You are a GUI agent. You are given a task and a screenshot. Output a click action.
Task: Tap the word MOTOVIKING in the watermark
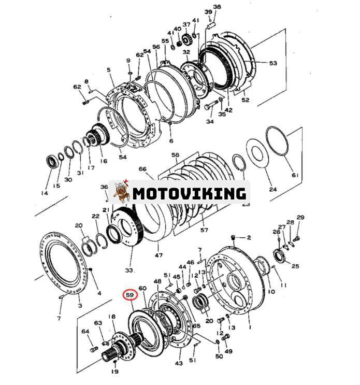pyautogui.click(x=189, y=193)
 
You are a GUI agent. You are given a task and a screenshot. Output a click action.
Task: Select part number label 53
pyautogui.click(x=272, y=63)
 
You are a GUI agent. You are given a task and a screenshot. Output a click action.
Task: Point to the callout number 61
pyautogui.click(x=295, y=175)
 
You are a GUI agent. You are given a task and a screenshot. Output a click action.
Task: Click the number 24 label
pyautogui.click(x=272, y=190)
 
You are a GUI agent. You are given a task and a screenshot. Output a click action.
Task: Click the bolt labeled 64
pyautogui.click(x=94, y=349)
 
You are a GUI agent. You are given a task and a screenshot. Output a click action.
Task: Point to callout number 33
pyautogui.click(x=129, y=270)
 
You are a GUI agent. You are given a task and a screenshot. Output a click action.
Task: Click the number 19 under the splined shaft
pyautogui.click(x=114, y=370)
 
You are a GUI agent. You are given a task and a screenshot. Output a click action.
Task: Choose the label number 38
pyautogui.click(x=217, y=7)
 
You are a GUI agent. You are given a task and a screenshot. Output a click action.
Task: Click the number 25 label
pyautogui.click(x=295, y=266)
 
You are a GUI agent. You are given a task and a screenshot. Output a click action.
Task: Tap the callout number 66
pyautogui.click(x=143, y=169)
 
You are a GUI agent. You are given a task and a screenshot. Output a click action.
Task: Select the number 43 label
pyautogui.click(x=179, y=363)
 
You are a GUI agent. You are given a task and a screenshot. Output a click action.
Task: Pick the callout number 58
pyautogui.click(x=175, y=155)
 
